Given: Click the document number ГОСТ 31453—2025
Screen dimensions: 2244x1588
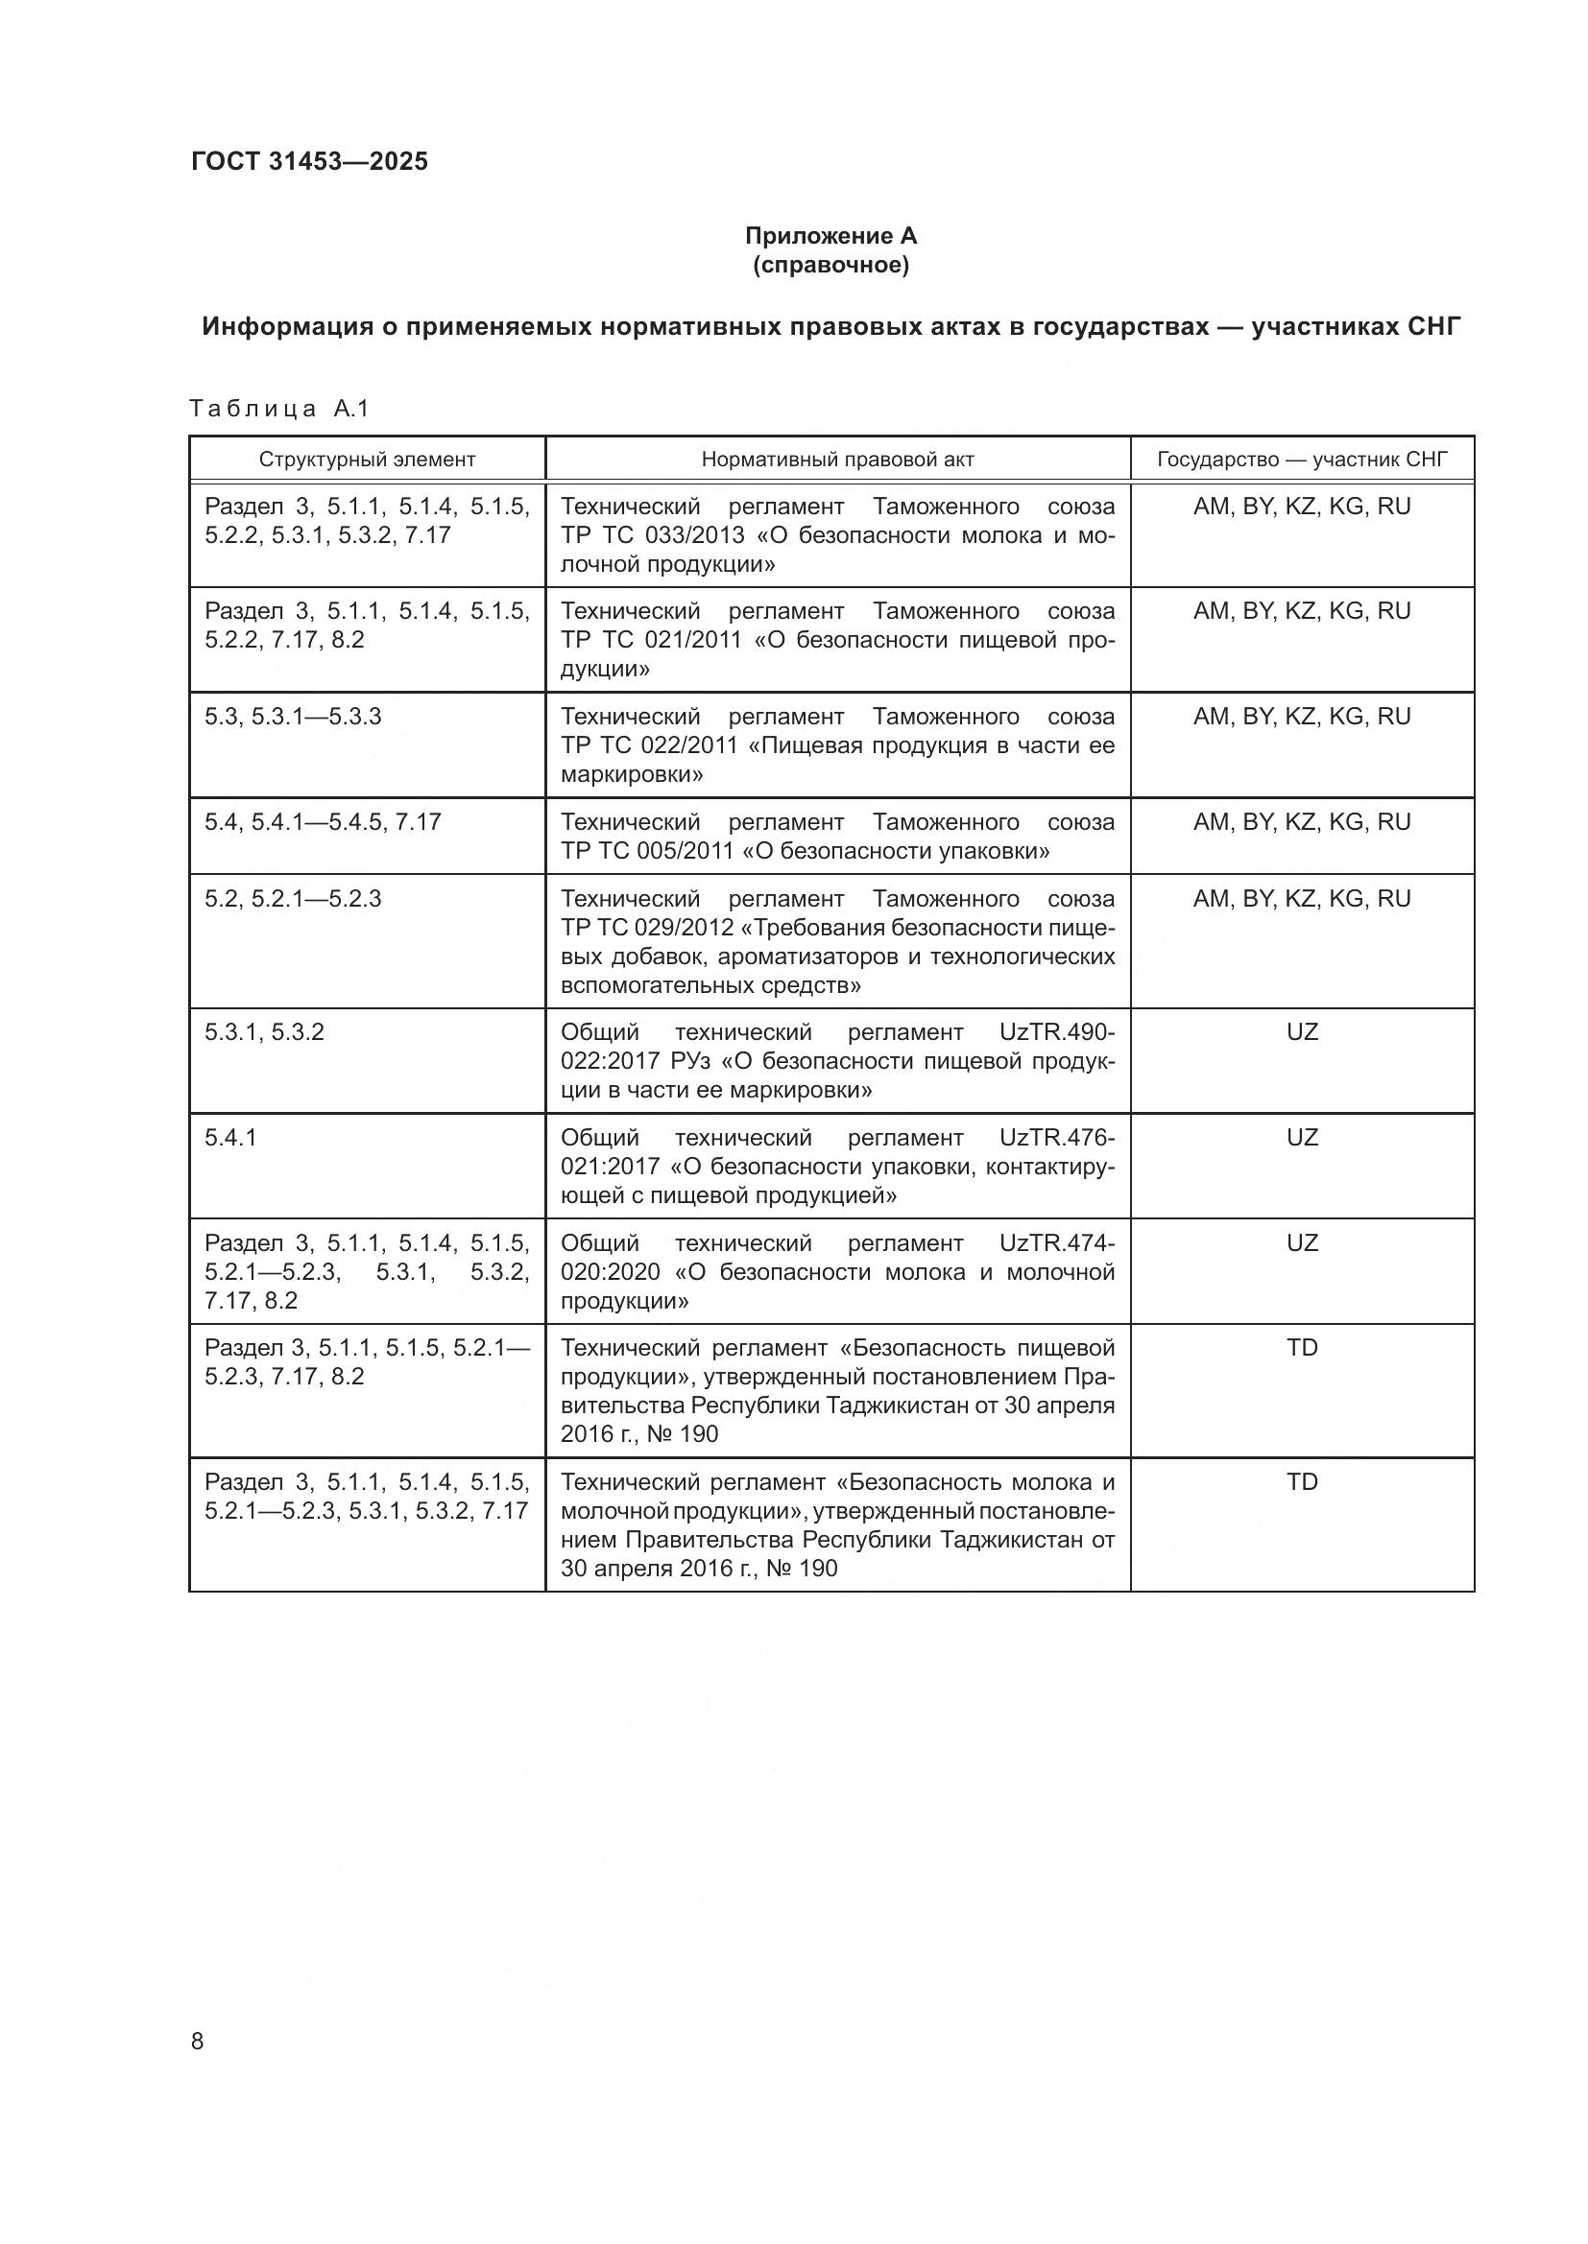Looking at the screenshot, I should coord(309,161).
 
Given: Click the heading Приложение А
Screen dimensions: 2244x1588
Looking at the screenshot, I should coord(830,236).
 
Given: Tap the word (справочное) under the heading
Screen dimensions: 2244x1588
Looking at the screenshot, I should coord(830,265).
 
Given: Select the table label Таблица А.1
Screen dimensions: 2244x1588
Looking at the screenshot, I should coord(278,409).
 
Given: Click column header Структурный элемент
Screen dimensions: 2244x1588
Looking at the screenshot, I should coord(367,460).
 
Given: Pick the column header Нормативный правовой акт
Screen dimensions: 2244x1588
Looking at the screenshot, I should coord(837,460).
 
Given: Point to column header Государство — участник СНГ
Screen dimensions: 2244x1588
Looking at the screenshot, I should coord(1302,460).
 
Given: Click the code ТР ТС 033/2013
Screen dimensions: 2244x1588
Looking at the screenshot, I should coord(652,535).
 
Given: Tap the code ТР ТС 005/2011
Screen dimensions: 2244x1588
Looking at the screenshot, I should coord(647,851).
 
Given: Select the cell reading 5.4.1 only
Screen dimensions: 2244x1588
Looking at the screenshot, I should coord(230,1138).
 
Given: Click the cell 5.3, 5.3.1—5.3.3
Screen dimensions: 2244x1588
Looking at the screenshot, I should coord(293,717).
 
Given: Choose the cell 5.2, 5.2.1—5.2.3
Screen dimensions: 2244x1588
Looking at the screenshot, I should coord(293,898).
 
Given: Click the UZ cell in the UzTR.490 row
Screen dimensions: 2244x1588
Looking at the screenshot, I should coord(1302,1032).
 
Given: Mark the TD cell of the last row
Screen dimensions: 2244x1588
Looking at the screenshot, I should coord(1302,1481).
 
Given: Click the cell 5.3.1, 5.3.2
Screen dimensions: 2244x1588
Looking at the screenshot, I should coord(264,1032).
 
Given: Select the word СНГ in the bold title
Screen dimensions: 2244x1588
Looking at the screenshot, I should coord(1433,326).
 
